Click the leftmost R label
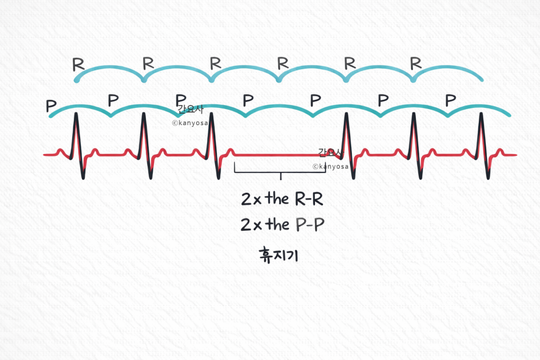tap(78, 64)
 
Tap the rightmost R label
tap(416, 63)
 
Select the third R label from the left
tap(215, 62)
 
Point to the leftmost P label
tap(51, 107)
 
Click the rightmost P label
tap(451, 100)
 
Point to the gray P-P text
tap(310, 225)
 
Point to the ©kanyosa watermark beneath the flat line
tap(331, 166)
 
